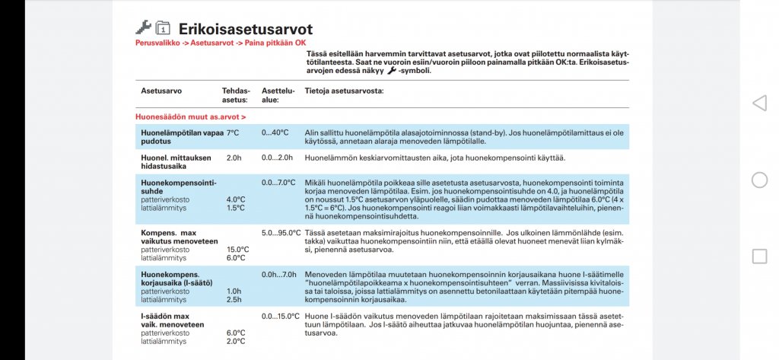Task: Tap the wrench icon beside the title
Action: (143, 27)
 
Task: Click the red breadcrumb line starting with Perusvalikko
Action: (220, 43)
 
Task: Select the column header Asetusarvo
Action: (161, 91)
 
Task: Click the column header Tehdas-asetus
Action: (236, 94)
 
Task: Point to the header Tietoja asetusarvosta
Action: (344, 91)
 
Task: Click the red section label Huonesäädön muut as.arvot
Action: (190, 117)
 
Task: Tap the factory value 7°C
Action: (233, 132)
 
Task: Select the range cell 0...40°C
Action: (275, 132)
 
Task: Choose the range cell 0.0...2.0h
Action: (278, 158)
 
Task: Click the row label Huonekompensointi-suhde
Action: (179, 186)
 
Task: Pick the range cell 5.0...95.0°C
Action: (281, 233)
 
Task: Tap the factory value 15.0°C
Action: (238, 250)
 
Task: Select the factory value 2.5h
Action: (234, 299)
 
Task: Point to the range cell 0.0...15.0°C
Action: (281, 316)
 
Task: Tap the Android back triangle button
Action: (758, 104)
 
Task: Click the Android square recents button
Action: (759, 256)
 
